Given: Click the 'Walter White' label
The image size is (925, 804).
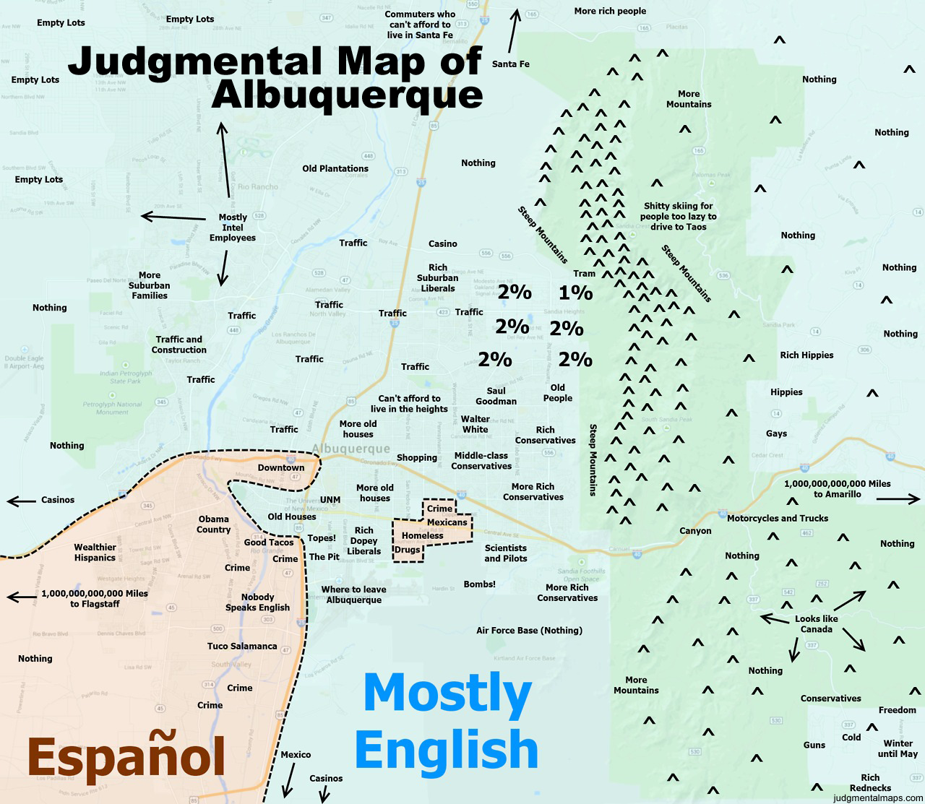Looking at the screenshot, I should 475,424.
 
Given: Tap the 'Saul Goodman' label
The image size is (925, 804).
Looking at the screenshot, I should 496,396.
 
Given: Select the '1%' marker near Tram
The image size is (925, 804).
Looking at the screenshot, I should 575,293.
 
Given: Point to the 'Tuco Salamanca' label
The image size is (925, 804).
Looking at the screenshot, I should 242,646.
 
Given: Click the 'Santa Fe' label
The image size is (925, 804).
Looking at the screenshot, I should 510,64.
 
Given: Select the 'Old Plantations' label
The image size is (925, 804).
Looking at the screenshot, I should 335,168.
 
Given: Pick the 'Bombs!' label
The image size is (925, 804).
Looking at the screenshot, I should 479,584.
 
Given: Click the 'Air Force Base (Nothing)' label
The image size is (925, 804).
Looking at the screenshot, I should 529,630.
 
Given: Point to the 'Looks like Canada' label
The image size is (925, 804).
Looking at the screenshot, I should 817,624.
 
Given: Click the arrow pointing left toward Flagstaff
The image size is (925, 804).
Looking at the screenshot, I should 20,597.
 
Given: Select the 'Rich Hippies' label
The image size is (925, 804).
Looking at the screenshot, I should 806,355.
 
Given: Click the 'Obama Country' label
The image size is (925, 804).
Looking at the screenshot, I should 213,524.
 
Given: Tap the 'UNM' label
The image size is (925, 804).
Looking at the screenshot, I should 330,500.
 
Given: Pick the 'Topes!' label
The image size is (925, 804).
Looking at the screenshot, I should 322,538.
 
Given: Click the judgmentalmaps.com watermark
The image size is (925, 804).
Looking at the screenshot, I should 877,798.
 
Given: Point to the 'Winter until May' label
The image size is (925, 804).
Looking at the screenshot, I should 898,748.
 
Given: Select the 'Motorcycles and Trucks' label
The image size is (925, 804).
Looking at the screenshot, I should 778,518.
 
